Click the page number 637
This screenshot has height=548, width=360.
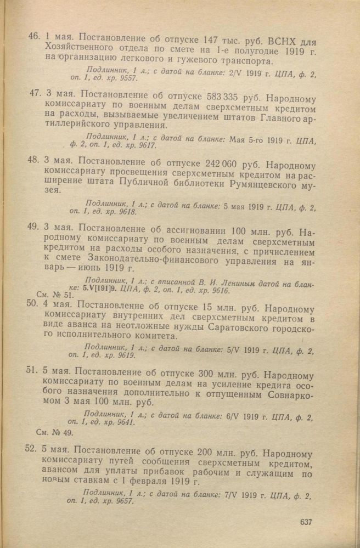pyautogui.click(x=306, y=521)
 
